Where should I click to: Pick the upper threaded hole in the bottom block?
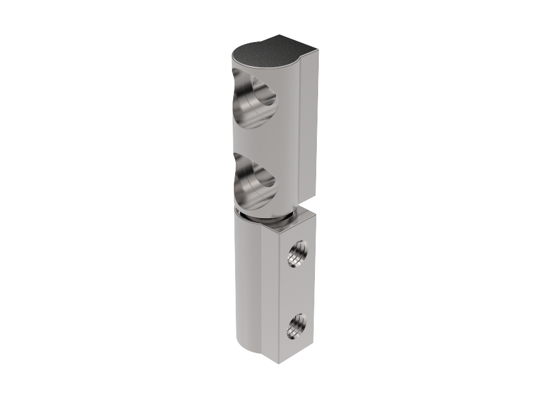pos(294,253)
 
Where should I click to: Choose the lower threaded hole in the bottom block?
pos(295,326)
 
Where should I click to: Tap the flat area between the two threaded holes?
pos(295,290)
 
